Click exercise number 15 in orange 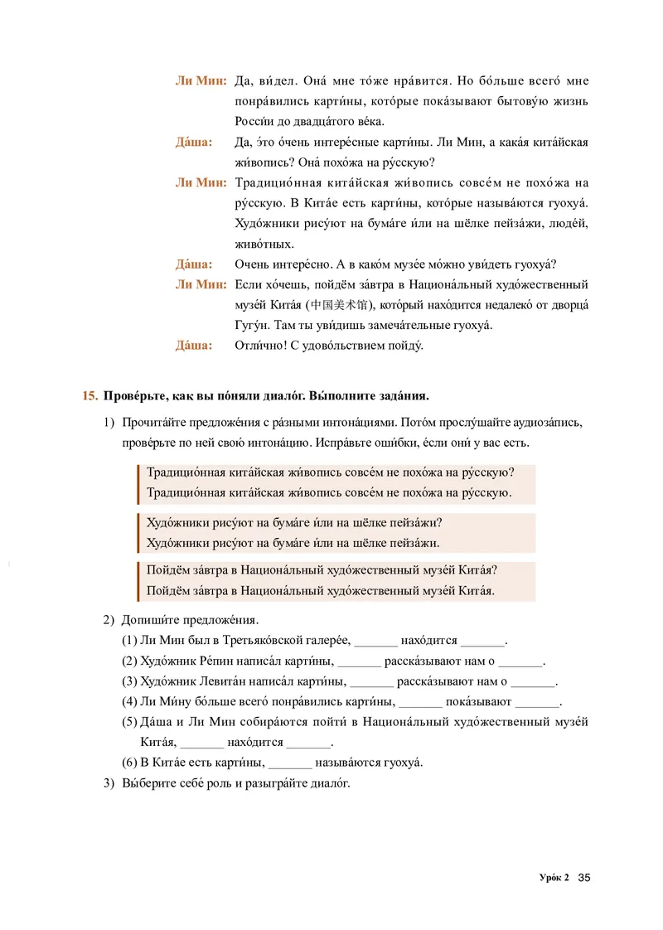coord(90,395)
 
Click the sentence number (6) coord(130,763)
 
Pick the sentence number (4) coord(130,702)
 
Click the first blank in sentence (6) coord(290,763)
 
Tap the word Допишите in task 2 coord(147,620)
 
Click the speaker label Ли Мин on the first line coord(200,80)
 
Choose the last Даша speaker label coord(193,346)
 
